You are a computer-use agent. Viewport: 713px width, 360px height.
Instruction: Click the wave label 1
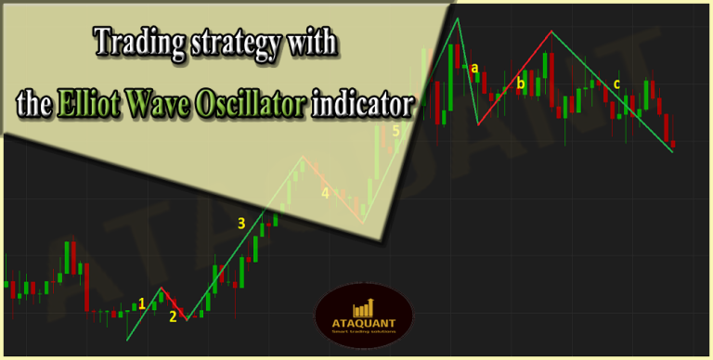(141, 302)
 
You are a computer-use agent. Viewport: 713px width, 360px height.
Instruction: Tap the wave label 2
(173, 316)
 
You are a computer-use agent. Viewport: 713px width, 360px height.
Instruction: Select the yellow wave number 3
(241, 223)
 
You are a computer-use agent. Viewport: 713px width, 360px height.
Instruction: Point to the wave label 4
(325, 193)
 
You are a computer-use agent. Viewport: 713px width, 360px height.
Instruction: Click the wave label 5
(395, 131)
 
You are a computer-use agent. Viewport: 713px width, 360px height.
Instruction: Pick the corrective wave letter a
(474, 68)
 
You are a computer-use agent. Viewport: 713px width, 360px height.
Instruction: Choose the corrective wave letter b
(520, 84)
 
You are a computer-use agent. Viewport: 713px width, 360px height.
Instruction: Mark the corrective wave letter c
(616, 85)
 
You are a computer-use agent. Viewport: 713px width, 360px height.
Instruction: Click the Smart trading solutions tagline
(363, 335)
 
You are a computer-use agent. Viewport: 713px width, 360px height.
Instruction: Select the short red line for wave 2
(174, 303)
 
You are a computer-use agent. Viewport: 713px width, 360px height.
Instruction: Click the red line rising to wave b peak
(515, 78)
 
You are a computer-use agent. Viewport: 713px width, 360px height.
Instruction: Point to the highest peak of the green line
(457, 19)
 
